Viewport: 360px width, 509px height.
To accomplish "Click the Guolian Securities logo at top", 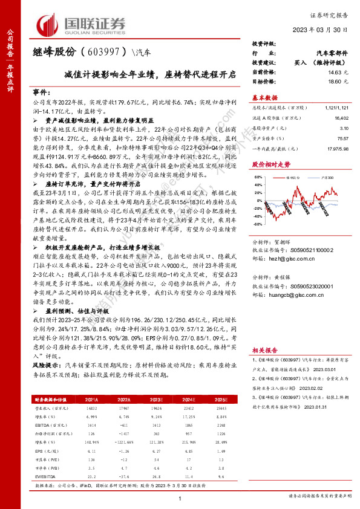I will coord(82,24).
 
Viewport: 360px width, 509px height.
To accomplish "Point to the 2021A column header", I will coord(93,400).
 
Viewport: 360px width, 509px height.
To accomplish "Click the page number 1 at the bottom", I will coord(180,498).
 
